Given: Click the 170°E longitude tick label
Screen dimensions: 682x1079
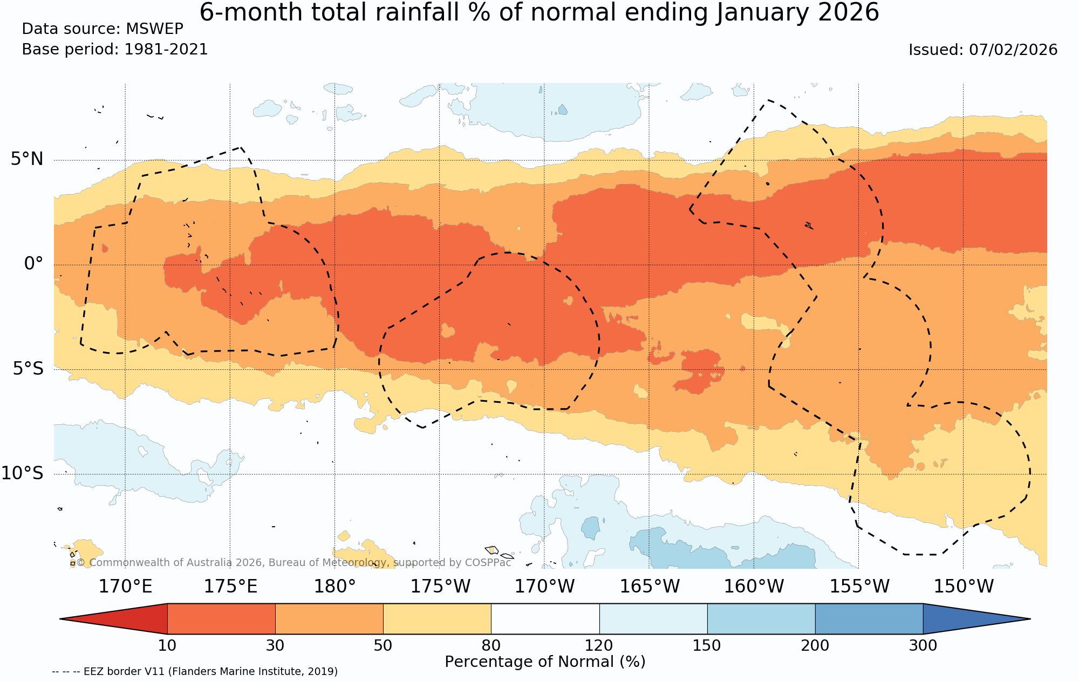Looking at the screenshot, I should [x=125, y=586].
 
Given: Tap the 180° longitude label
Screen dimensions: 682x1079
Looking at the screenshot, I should [x=334, y=586].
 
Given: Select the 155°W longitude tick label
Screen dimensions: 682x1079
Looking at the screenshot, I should [x=859, y=586].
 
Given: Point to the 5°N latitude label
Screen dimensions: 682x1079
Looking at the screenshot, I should [x=27, y=159].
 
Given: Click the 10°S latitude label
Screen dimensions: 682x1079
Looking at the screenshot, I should [x=22, y=473].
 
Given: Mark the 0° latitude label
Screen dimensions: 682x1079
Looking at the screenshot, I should [x=33, y=264].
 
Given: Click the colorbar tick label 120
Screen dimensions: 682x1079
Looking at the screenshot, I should [x=599, y=645].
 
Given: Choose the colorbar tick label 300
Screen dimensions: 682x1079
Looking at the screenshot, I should [x=923, y=645].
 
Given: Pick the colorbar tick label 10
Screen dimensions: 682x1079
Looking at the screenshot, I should [x=167, y=645].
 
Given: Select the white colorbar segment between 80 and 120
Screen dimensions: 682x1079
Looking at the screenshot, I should [x=545, y=619].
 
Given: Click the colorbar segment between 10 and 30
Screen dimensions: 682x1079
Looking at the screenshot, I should [x=221, y=619].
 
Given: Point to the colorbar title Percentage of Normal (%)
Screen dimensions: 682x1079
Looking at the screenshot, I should [x=545, y=662].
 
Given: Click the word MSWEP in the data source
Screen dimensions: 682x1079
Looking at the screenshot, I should [x=154, y=29].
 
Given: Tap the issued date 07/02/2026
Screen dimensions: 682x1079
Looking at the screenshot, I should [x=1013, y=50].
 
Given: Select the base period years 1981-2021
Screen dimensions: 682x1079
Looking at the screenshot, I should [x=166, y=50].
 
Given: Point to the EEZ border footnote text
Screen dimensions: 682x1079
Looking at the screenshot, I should [x=195, y=672].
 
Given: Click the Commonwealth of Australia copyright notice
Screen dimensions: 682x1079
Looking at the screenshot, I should [x=291, y=563].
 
